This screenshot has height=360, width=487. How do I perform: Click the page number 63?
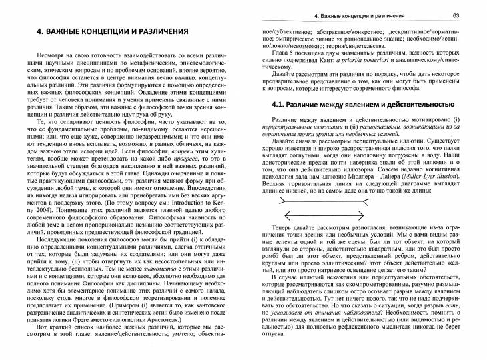pos(472,15)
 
